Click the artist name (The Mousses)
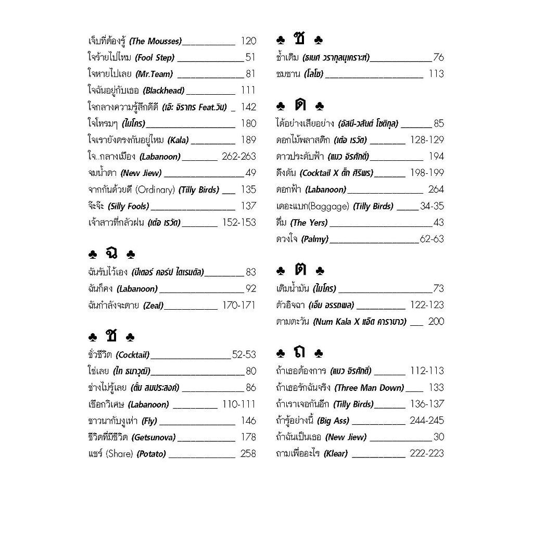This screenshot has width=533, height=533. pyautogui.click(x=155, y=41)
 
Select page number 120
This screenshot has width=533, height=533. pyautogui.click(x=248, y=41)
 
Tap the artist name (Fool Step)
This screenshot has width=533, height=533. pyautogui.click(x=155, y=58)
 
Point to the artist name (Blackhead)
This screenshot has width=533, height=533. pyautogui.click(x=163, y=91)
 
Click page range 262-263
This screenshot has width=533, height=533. pyautogui.click(x=239, y=157)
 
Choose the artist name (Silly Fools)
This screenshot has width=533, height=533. pyautogui.click(x=128, y=206)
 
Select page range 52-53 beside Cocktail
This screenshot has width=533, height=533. pyautogui.click(x=244, y=355)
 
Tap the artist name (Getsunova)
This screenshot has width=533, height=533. pyautogui.click(x=154, y=437)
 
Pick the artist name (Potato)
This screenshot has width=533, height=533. pyautogui.click(x=151, y=454)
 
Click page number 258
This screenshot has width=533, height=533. pyautogui.click(x=248, y=454)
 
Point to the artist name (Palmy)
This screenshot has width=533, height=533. pyautogui.click(x=315, y=239)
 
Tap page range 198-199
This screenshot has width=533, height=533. pyautogui.click(x=427, y=173)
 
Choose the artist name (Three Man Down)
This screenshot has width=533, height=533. pyautogui.click(x=369, y=388)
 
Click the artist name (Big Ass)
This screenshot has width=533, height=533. pyautogui.click(x=333, y=421)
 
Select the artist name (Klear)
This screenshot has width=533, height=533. pyautogui.click(x=336, y=454)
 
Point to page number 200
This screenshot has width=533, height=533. pyautogui.click(x=436, y=322)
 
